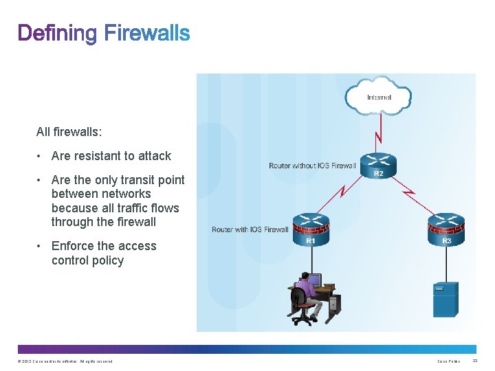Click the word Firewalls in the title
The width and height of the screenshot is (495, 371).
click(x=147, y=33)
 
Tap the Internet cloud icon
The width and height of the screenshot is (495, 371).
click(x=378, y=97)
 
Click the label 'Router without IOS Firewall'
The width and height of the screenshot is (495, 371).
click(x=312, y=166)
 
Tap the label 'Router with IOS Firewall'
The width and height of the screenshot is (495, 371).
click(x=250, y=229)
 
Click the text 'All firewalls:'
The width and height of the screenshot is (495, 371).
click(x=69, y=130)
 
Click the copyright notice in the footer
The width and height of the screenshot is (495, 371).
click(x=65, y=361)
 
